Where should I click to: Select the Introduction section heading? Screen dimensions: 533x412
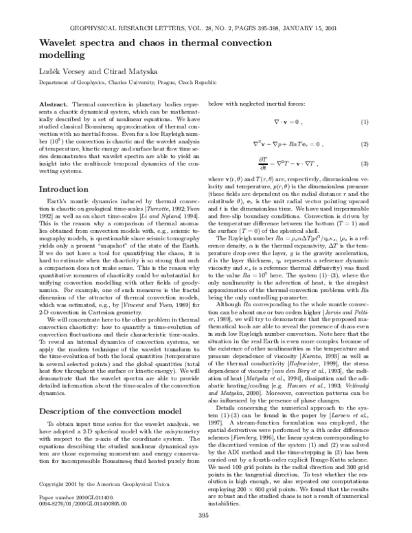[43, 188]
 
